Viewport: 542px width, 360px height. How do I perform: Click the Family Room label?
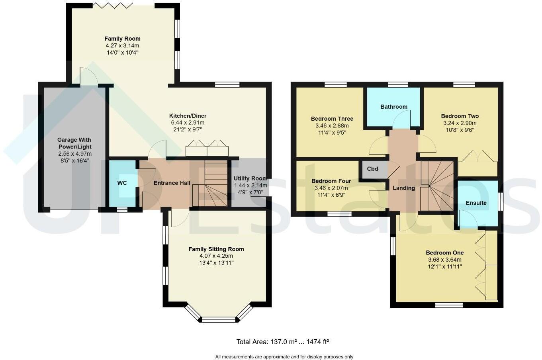click(122, 39)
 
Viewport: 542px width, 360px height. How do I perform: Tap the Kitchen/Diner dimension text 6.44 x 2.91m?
click(188, 123)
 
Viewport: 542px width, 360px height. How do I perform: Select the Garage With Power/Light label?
click(74, 143)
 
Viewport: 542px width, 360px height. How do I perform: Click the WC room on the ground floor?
click(122, 183)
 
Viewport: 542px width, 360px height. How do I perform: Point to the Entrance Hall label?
click(172, 183)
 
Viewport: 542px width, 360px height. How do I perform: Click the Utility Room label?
click(250, 178)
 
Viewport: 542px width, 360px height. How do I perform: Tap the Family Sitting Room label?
click(216, 249)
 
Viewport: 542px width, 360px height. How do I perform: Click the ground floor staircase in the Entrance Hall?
click(210, 183)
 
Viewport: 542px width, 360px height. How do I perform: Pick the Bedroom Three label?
click(332, 119)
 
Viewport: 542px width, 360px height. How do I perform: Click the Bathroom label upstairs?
click(393, 107)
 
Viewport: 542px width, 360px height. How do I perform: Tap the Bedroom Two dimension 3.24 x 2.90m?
click(460, 123)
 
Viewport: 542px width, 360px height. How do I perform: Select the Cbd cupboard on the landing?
click(372, 169)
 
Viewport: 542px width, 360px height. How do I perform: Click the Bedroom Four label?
click(331, 181)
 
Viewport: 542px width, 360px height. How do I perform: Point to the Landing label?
click(403, 188)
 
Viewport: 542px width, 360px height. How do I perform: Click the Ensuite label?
click(476, 203)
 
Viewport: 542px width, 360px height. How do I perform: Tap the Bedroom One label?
click(444, 252)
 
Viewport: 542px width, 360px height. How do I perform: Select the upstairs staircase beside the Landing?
click(437, 185)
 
